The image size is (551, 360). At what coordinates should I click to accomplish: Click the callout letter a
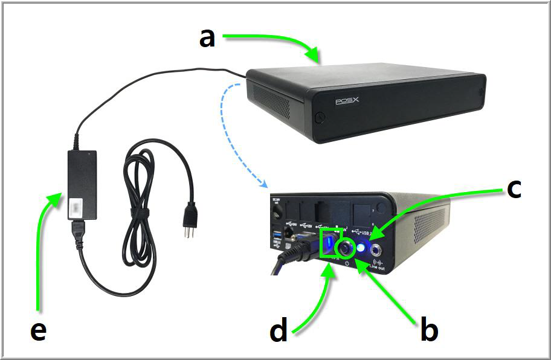(207, 37)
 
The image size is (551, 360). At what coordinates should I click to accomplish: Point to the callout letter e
(38, 330)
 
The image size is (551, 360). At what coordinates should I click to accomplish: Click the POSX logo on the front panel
(348, 101)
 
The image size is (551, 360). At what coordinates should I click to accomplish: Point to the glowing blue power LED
(362, 247)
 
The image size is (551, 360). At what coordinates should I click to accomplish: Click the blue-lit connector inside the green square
(330, 245)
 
